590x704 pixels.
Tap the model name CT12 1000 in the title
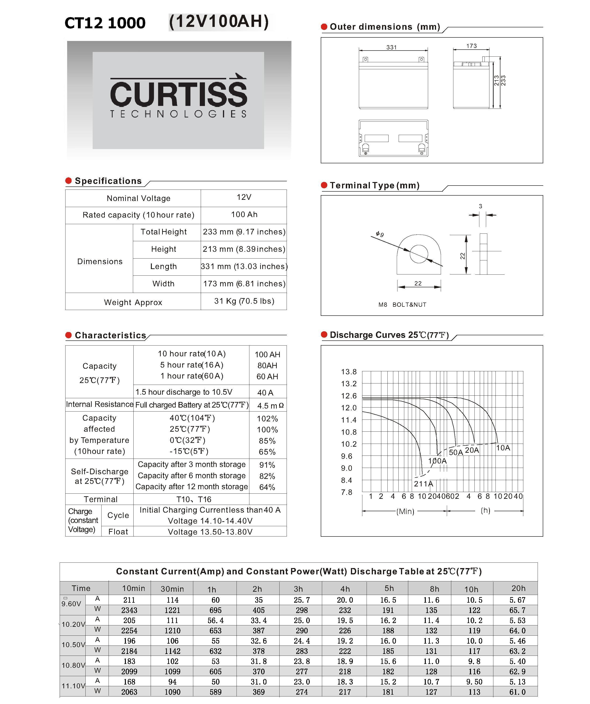pos(105,23)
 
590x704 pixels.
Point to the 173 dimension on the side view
pos(471,46)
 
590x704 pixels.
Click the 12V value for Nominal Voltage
pos(244,197)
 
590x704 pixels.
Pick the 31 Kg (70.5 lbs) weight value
pos(244,301)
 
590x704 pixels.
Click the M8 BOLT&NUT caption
pos(402,304)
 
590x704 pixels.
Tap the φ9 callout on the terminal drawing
pos(380,234)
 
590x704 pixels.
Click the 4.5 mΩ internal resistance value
pos(270,406)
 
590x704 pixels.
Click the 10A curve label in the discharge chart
pos(503,448)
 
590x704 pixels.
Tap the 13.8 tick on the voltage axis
pos(349,372)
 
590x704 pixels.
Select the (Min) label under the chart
pos(405,512)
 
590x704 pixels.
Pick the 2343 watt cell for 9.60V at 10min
pos(129,610)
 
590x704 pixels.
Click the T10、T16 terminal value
pos(194,499)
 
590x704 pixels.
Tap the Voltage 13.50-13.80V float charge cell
pos(210,532)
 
